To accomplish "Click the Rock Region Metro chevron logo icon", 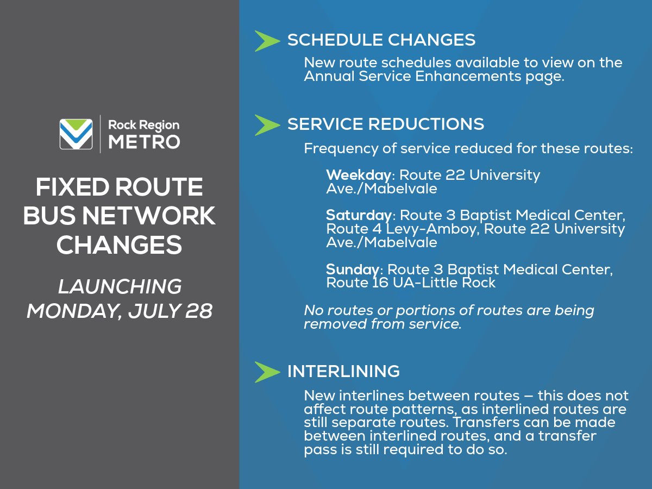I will tap(76, 134).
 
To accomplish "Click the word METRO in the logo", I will tap(144, 142).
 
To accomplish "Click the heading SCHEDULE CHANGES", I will tap(381, 40).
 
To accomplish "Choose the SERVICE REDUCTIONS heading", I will tap(385, 124).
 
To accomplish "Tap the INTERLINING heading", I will tap(343, 372).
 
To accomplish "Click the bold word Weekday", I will tap(358, 175).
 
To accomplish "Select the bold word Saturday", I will tap(359, 216).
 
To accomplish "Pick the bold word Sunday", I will tap(352, 269).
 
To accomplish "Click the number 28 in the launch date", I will tap(199, 311).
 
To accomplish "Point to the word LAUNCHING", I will tap(120, 286).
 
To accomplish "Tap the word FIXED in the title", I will tap(69, 187).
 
